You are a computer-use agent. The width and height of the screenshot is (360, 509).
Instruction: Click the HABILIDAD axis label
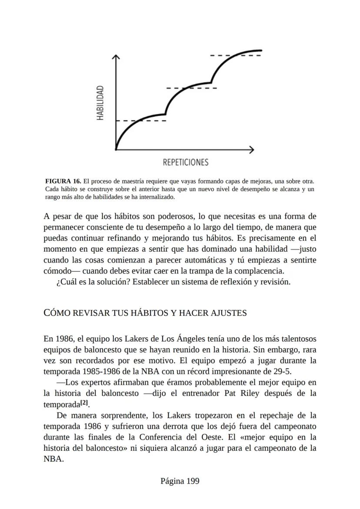[100, 103]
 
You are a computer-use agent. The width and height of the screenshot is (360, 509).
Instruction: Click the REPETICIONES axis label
[186, 163]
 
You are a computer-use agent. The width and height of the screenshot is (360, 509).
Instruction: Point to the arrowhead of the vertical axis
[116, 57]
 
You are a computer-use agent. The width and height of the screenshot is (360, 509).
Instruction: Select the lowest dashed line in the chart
[141, 120]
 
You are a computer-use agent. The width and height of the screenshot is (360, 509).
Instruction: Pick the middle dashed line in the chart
[191, 88]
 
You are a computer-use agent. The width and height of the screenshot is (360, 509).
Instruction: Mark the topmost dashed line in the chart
[235, 56]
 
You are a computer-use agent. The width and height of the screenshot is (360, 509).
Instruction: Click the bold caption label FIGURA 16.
[63, 181]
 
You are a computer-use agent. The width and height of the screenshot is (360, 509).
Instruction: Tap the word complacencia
[258, 271]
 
